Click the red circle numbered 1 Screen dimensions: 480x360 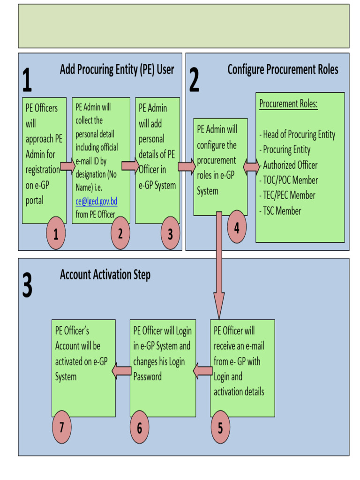[56, 233]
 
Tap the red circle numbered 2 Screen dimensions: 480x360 [120, 233]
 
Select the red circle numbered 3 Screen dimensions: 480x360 [170, 233]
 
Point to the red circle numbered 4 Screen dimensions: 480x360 [237, 227]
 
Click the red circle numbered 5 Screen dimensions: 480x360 [220, 427]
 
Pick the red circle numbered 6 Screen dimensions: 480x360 [139, 427]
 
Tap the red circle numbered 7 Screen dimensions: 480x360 [61, 427]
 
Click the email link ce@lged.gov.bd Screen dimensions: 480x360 [96, 202]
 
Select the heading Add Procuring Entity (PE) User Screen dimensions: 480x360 [117, 70]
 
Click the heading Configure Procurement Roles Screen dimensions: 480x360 [283, 70]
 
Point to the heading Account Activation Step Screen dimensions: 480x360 [105, 275]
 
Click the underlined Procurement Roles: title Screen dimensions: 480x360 [288, 104]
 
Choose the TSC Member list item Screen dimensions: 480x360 [281, 211]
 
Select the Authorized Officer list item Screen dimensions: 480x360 [289, 165]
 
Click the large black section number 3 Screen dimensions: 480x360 [27, 285]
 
